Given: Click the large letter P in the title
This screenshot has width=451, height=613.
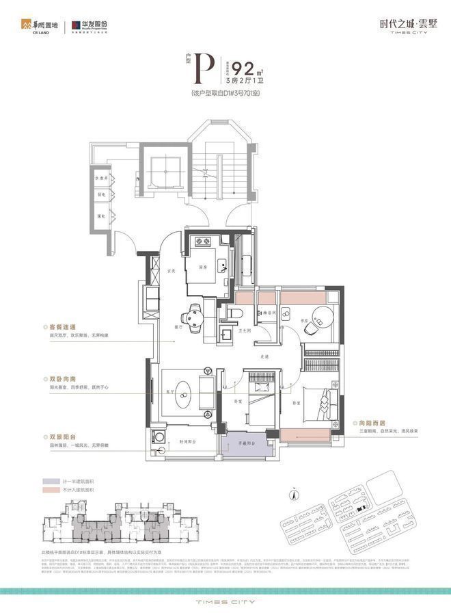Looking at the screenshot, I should (202, 69).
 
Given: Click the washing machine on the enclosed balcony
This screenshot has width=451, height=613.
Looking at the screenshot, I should (159, 436).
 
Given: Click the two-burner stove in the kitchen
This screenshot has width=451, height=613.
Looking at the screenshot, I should (202, 241).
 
